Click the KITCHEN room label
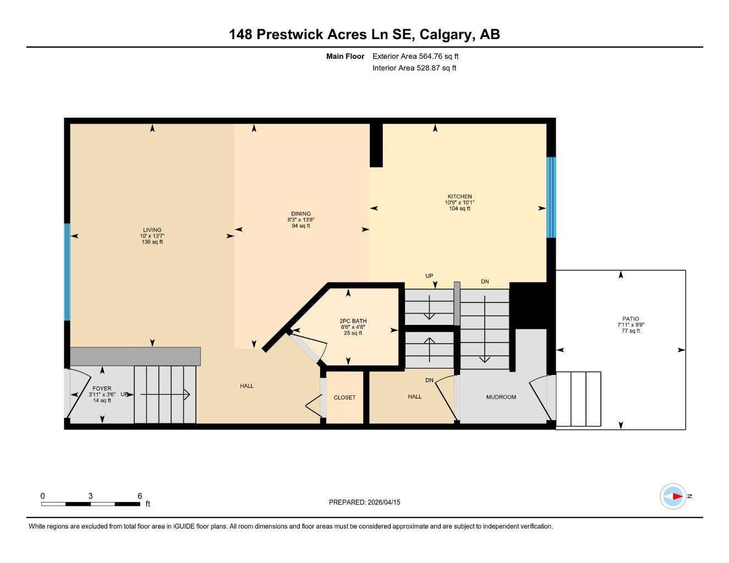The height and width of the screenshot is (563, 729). [459, 196]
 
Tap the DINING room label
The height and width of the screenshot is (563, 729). [301, 214]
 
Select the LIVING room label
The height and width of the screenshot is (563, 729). [152, 230]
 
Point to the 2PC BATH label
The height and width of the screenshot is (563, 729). [353, 321]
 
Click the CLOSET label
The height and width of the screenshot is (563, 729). [344, 398]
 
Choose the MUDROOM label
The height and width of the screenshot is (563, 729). [501, 397]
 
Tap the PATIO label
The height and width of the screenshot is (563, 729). [631, 319]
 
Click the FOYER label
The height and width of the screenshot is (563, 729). [102, 389]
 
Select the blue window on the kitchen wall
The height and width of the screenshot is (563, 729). [551, 197]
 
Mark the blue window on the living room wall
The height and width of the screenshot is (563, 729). [67, 272]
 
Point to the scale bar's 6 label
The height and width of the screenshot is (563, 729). [140, 496]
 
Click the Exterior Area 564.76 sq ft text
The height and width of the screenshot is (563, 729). [415, 56]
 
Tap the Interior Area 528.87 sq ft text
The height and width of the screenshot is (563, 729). [414, 68]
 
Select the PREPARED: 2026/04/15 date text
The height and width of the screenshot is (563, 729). [364, 502]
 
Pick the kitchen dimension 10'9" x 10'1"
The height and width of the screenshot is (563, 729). [459, 203]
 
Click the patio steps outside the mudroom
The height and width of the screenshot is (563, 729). [578, 399]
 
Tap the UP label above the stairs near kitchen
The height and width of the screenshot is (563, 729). [429, 276]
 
